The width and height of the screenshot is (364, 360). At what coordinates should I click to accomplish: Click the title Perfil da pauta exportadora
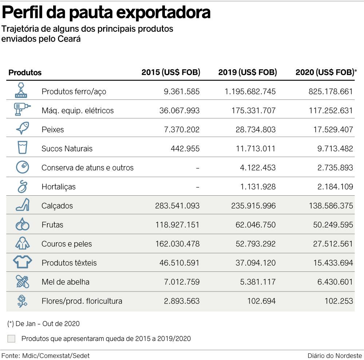tap(106, 12)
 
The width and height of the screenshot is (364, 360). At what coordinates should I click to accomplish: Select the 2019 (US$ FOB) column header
tap(248, 72)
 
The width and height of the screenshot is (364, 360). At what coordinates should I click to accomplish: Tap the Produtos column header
tap(25, 72)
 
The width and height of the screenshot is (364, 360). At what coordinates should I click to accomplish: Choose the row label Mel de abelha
tap(66, 282)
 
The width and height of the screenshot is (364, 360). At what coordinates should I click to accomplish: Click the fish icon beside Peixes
tap(22, 129)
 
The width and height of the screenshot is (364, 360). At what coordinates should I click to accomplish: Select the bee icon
tap(22, 281)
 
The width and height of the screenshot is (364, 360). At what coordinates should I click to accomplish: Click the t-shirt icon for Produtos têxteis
tap(22, 262)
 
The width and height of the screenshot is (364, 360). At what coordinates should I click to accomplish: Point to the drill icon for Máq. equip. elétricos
tap(22, 109)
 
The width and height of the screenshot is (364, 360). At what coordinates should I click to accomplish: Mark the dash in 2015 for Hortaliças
tap(197, 187)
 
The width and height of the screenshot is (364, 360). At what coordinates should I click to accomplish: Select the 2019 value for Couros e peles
tap(253, 244)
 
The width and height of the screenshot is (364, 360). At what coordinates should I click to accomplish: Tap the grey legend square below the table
tap(11, 339)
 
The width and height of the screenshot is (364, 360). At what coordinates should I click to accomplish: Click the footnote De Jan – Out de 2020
tap(43, 323)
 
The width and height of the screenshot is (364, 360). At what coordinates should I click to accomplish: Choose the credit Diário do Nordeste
tap(335, 355)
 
